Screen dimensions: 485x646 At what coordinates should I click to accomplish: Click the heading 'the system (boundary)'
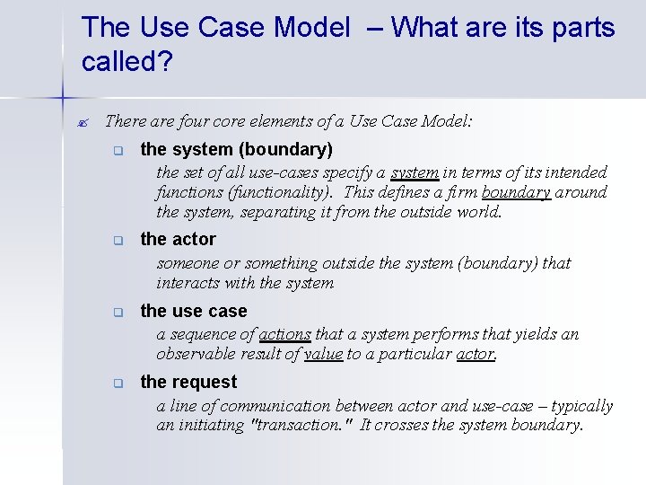coord(236,149)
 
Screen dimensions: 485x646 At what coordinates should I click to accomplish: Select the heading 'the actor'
coord(178,239)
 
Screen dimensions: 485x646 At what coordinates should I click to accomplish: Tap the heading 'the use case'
coord(193,311)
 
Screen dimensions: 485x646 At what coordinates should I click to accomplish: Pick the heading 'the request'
coord(188,382)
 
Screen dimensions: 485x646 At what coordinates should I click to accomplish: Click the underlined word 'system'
coord(415,172)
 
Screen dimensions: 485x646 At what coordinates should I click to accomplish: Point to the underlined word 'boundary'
coord(516,192)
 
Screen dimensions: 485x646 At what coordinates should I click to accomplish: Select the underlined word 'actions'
coord(284,334)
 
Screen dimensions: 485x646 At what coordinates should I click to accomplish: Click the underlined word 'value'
coord(323,354)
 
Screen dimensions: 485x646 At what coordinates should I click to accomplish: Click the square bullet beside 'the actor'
coord(118,241)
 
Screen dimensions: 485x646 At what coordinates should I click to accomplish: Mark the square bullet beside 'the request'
coord(118,384)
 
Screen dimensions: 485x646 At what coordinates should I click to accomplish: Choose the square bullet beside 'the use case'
coord(118,313)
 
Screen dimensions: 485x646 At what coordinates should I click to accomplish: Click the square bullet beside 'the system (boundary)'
coord(118,151)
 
